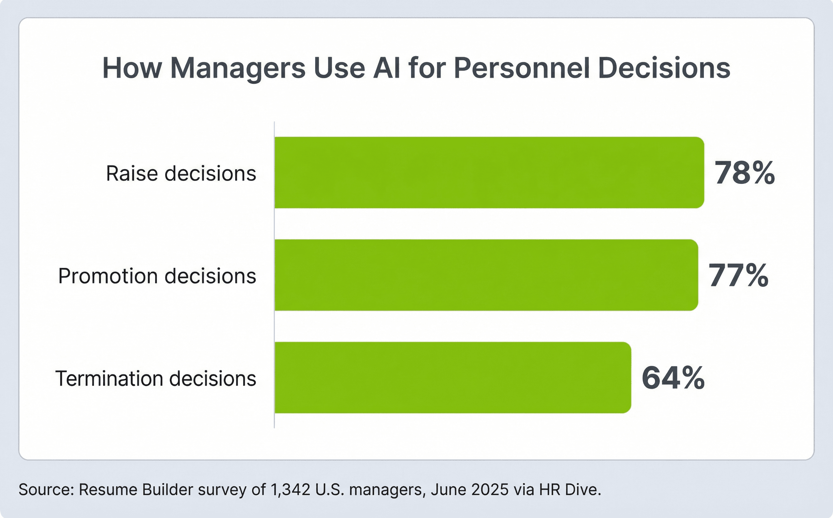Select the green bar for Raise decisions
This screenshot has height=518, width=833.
[x=489, y=172]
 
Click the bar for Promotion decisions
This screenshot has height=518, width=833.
[x=486, y=275]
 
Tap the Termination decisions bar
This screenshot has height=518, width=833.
[x=453, y=377]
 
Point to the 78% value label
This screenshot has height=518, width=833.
[x=744, y=173]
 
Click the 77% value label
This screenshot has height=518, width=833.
[x=738, y=276]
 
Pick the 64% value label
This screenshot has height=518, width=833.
[x=673, y=378]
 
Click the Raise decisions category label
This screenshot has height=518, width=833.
[x=181, y=173]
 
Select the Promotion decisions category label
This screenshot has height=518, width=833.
[x=157, y=276]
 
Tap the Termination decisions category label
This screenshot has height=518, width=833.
[x=156, y=379]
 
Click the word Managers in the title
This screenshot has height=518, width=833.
[x=238, y=68]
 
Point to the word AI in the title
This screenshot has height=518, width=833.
[x=387, y=68]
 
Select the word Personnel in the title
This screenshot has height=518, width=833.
[x=522, y=68]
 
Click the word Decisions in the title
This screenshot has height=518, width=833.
[x=664, y=68]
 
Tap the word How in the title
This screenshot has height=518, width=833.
[x=132, y=68]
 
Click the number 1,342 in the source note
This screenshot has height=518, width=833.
[x=290, y=490]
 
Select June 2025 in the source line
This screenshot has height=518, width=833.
[x=470, y=490]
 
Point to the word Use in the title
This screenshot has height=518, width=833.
[x=339, y=68]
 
